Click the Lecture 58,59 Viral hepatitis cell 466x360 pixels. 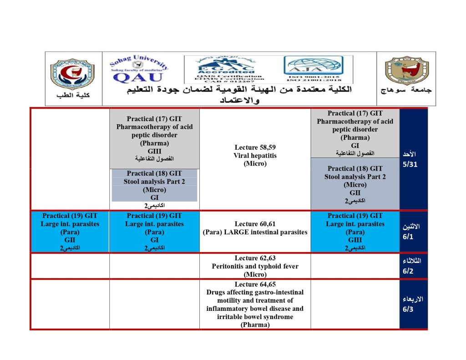(255, 155)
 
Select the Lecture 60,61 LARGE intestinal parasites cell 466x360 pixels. (255, 228)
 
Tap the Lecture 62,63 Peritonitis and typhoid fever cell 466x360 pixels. (255, 266)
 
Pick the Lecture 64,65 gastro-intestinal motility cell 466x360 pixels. (255, 304)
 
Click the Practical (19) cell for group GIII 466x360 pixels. (355, 232)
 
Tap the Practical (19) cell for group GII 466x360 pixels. (70, 232)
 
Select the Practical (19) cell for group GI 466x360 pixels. (154, 232)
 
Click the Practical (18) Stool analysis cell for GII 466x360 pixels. (355, 184)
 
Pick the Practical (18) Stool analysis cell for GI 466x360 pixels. (154, 185)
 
